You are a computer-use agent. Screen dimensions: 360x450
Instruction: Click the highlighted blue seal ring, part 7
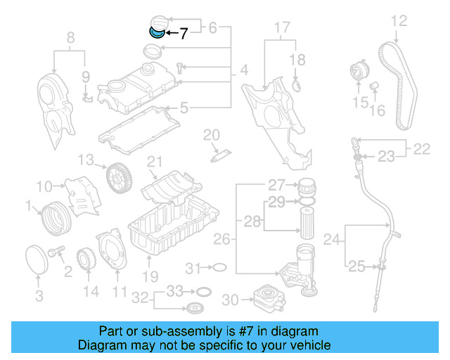tap(157, 31)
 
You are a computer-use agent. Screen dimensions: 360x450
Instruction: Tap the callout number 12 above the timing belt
tap(399, 21)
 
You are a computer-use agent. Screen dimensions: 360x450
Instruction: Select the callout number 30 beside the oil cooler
tap(229, 300)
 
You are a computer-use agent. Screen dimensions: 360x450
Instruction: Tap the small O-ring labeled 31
tap(219, 268)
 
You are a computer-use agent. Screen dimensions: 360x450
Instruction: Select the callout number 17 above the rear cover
tap(281, 28)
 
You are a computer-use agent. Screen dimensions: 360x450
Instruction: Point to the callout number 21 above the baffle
tap(155, 162)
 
